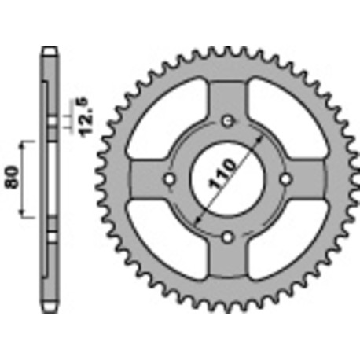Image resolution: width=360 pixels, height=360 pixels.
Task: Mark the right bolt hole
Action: pyautogui.click(x=285, y=179)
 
